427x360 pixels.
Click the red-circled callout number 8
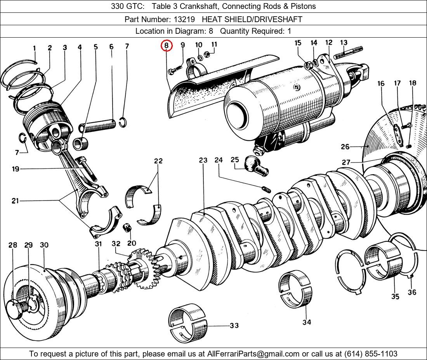[x=166, y=46]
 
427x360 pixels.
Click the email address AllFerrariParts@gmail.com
[x=253, y=354]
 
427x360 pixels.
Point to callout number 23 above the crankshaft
[x=203, y=160]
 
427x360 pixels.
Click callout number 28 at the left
[x=13, y=245]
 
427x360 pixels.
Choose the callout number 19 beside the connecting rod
[x=16, y=169]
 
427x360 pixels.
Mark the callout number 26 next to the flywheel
[x=345, y=147]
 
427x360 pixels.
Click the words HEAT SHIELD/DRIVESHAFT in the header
[x=252, y=19]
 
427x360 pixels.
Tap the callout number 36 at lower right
[x=412, y=292]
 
